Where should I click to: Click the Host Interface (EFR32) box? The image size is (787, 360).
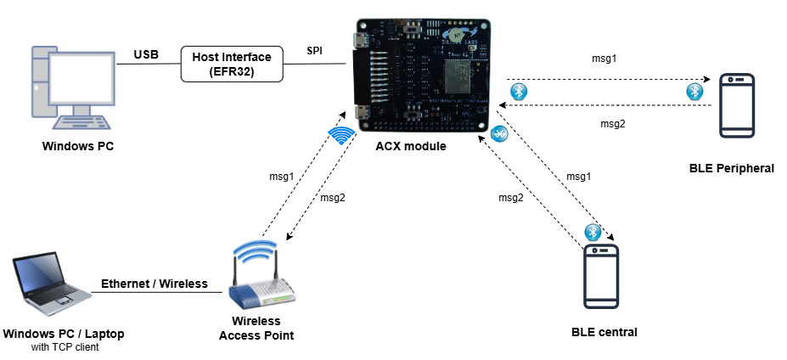[231, 65]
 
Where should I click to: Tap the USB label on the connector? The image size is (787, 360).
[146, 55]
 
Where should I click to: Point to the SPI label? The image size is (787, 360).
[314, 51]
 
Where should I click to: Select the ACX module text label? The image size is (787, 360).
[411, 147]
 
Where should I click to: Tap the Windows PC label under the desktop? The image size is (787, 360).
[78, 146]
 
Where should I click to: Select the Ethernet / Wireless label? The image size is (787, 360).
[155, 284]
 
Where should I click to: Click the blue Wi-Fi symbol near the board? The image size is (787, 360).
[341, 135]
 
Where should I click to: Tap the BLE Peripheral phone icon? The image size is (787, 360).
[737, 106]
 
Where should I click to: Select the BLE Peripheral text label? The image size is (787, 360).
[732, 168]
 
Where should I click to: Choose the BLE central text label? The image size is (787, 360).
[604, 331]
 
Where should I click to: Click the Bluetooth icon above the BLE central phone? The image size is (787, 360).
[593, 232]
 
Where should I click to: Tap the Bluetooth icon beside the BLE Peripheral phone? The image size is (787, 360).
[695, 91]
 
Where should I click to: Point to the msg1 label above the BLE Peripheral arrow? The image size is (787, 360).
[604, 59]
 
